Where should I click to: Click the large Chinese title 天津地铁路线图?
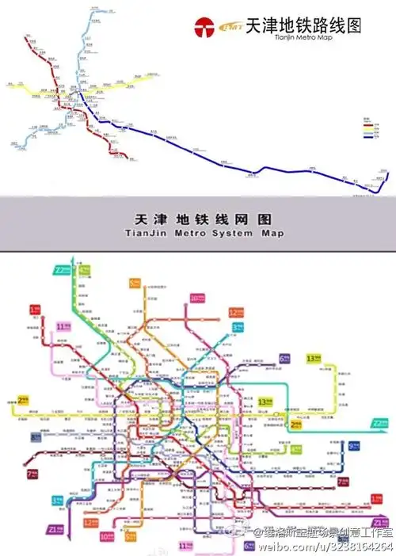[x=303, y=25]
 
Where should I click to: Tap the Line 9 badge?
[x=354, y=447]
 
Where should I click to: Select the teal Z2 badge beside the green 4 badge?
[x=59, y=270]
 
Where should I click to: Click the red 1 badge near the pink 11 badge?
[x=35, y=310]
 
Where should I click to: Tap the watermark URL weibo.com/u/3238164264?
[x=323, y=546]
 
